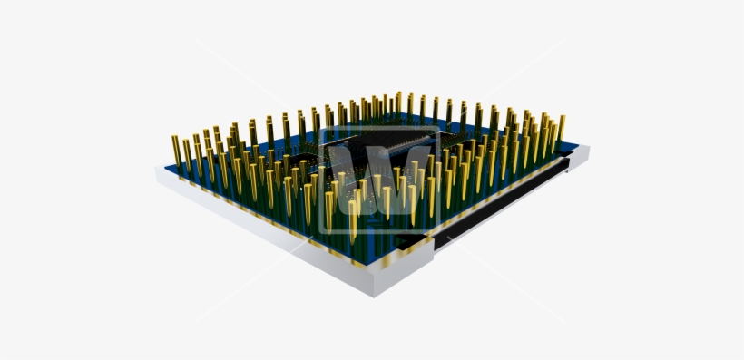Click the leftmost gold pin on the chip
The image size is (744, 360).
click(176, 152)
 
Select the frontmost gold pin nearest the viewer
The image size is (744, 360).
click(353, 219)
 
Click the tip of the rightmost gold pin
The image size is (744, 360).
click(562, 118)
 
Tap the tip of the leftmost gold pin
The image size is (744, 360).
click(174, 138)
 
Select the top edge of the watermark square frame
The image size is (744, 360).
click(379, 130)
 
